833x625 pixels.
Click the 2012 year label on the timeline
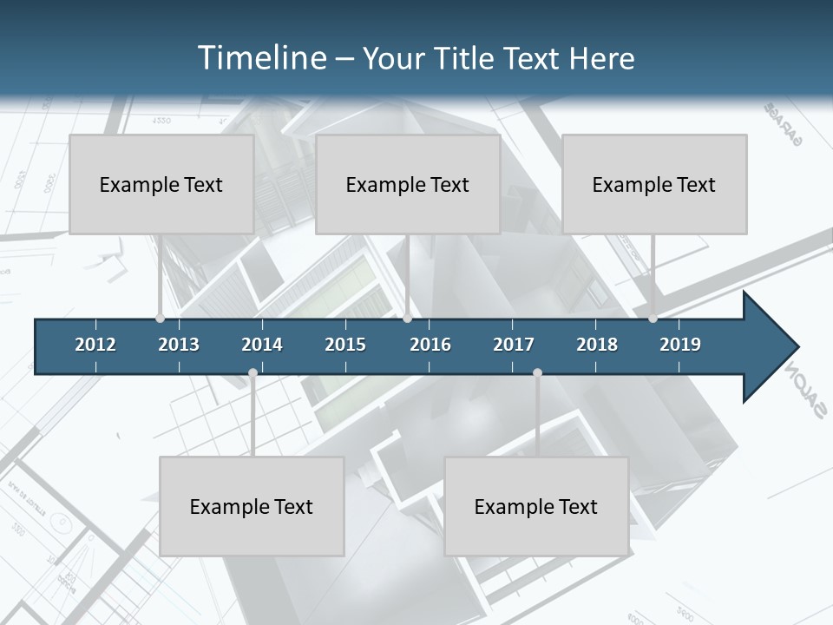click(x=95, y=345)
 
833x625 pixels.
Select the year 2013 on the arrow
click(x=179, y=345)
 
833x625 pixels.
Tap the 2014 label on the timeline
click(x=262, y=345)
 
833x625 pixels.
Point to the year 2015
click(x=345, y=345)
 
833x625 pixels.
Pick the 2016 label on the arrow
click(x=430, y=345)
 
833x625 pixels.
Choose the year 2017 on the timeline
click(x=514, y=345)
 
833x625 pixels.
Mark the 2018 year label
click(x=597, y=345)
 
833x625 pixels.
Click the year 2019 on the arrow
click(x=680, y=345)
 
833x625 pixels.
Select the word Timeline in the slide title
click(x=260, y=58)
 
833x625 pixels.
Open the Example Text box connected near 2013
click(x=161, y=184)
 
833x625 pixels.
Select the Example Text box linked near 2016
click(x=408, y=184)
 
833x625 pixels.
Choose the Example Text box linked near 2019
click(x=654, y=184)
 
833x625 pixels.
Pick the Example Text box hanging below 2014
click(x=252, y=506)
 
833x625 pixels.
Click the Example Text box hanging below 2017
click(x=536, y=506)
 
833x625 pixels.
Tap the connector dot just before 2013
click(x=160, y=319)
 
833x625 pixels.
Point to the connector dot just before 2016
click(x=408, y=319)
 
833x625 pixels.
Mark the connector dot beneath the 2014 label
click(x=253, y=373)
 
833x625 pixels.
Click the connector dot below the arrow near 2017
click(x=537, y=373)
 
